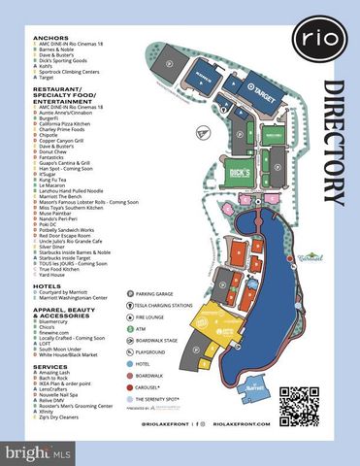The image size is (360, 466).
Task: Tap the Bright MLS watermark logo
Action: point(39,451)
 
